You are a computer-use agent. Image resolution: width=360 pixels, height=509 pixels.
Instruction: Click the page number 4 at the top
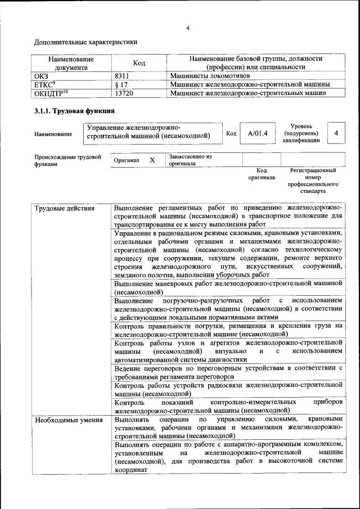(188, 28)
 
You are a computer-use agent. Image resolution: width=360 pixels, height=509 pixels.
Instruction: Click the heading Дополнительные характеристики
(85, 42)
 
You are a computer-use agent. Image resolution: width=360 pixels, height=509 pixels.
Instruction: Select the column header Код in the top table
(139, 63)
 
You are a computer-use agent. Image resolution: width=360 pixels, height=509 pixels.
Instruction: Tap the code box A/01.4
(258, 134)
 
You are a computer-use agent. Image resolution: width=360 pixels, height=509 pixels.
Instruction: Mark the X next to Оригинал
(152, 160)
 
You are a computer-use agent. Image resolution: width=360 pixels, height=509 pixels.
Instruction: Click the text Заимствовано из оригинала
(190, 160)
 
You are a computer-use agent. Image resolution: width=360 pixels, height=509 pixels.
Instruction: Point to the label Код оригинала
(262, 174)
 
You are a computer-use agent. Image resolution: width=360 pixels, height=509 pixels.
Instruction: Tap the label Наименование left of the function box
(53, 134)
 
